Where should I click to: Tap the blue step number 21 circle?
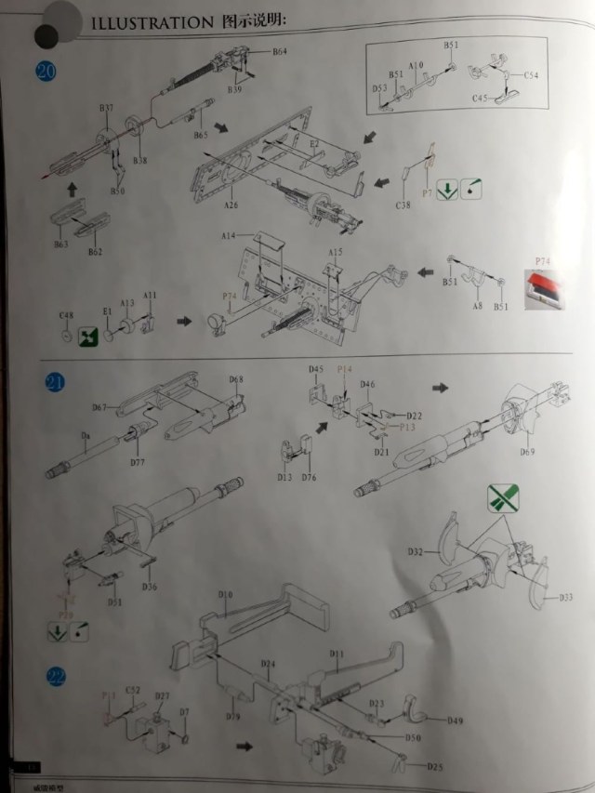(57, 384)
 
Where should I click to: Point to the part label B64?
(280, 52)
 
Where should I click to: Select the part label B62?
(96, 252)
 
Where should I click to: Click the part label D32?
(414, 552)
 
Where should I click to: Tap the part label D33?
(565, 598)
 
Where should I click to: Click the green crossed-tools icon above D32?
(502, 499)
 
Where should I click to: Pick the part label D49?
(455, 720)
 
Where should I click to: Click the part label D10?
(224, 593)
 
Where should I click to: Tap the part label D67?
(100, 407)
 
